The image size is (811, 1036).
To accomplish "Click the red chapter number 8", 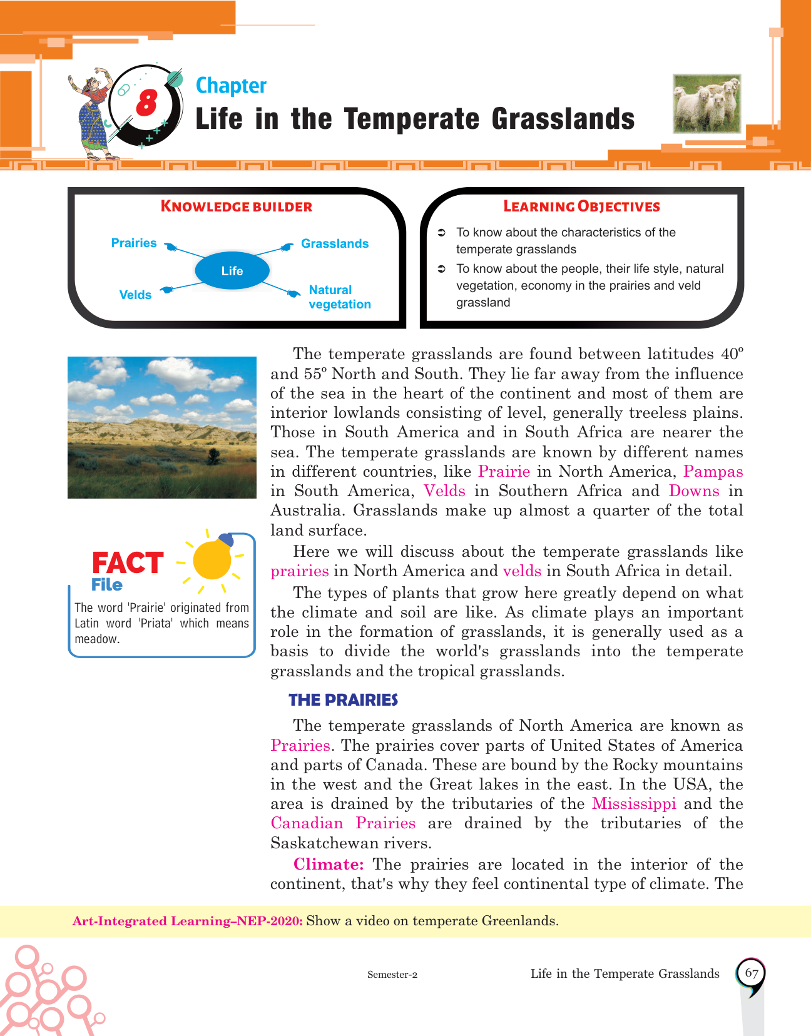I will pos(146,102).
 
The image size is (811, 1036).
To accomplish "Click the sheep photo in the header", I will pos(707,104).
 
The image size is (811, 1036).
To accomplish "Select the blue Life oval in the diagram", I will pos(232,271).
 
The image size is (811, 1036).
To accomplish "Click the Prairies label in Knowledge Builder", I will pos(134,243).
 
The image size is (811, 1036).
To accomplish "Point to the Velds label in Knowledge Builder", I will pos(135,295).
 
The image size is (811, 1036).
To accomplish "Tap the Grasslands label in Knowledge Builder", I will pos(335,243).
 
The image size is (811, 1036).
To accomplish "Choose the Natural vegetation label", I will pos(339,297).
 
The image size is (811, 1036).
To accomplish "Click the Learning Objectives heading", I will pos(581,206).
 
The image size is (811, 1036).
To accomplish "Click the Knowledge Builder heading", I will pos(237,206).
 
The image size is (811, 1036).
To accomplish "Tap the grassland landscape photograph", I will pos(162,427).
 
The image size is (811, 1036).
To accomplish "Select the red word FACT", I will pos(128,562).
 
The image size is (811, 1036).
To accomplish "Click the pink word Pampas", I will pos(713,471).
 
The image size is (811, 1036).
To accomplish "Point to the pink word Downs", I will pos(694,490).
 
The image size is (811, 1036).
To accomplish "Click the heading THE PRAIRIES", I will pos(343,699).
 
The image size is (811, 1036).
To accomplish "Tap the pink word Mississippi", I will pos(634,803).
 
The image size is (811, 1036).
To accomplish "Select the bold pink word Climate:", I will pos(329,864).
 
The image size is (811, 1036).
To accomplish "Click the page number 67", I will pos(752,973).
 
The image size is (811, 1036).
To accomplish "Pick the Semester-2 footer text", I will pos(392,974).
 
